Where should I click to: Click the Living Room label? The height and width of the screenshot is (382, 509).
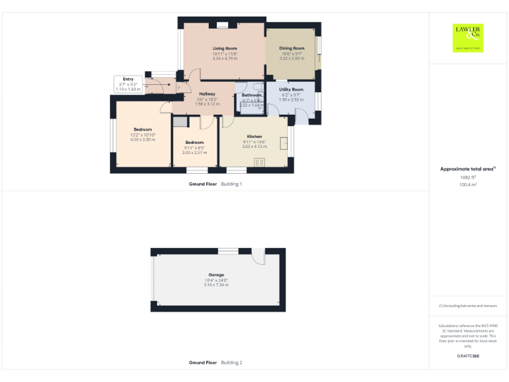coord(225,49)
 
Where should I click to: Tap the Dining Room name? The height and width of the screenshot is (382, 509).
coord(292,48)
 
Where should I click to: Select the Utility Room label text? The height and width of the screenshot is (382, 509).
coord(291,89)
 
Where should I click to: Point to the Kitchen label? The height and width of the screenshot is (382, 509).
coord(254,136)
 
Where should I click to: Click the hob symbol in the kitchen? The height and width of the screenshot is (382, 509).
coord(260,162)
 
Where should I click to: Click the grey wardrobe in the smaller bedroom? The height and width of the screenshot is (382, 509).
coord(180,121)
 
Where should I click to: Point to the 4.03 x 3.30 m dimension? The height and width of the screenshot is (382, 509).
coord(142,140)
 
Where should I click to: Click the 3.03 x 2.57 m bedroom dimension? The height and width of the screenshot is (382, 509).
coord(194,153)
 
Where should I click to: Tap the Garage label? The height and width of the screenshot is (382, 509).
coord(216,275)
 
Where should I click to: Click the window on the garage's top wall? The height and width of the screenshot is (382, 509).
coord(228,251)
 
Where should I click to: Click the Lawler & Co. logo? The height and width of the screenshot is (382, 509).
coord(468,37)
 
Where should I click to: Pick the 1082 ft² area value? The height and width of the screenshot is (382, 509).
coord(468,177)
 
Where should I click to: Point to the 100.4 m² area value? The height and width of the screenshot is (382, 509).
coord(468,185)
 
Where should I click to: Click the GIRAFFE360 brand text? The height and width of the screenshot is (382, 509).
coord(468,357)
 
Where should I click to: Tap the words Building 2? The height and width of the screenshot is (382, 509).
coord(231,363)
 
